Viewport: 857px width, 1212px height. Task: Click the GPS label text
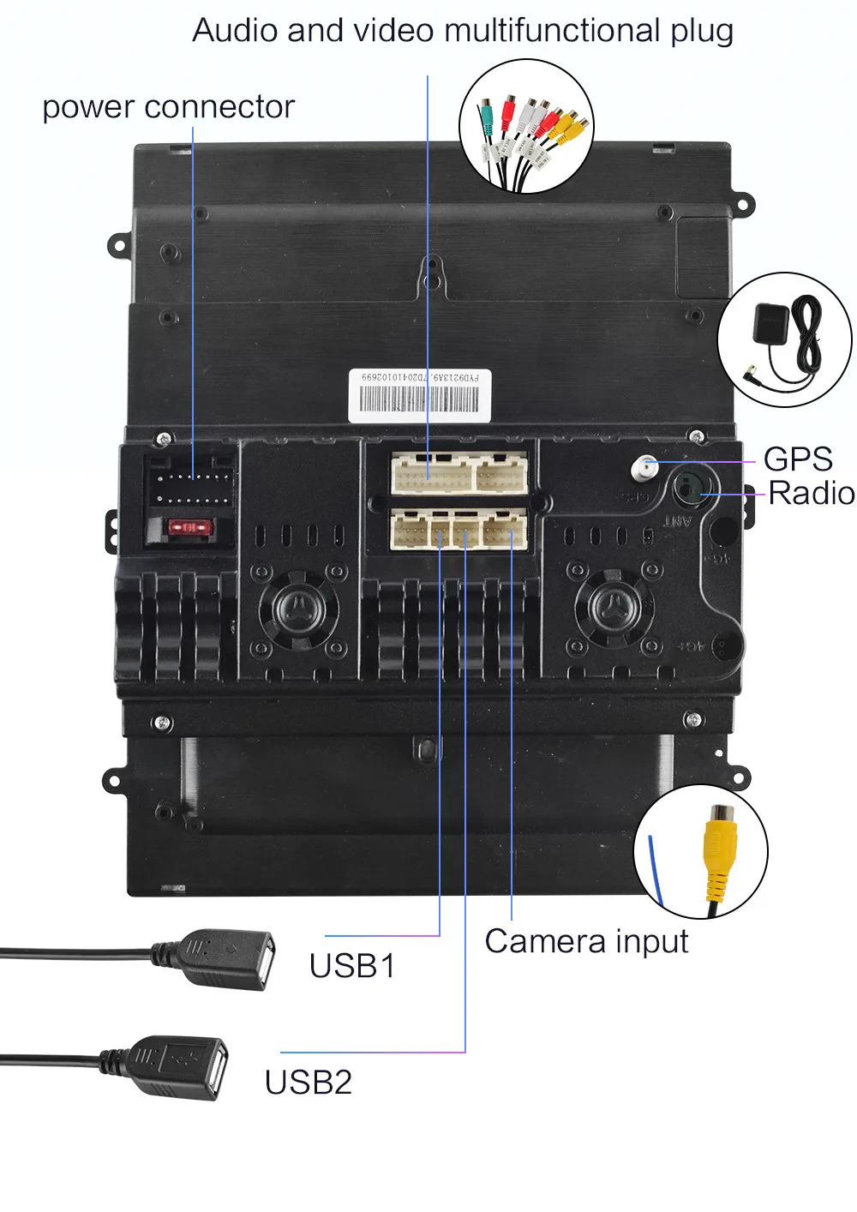[x=797, y=459]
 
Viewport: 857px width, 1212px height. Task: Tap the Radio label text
[x=811, y=494]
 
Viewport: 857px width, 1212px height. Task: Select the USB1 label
[x=352, y=966]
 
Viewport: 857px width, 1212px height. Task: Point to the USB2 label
[x=308, y=1083]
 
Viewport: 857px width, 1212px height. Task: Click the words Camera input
[x=586, y=941]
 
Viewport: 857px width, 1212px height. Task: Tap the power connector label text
[x=168, y=107]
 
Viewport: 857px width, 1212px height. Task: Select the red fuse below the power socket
[x=187, y=528]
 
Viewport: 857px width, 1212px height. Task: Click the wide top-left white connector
[x=431, y=473]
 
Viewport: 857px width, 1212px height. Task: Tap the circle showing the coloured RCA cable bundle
[x=525, y=126]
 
